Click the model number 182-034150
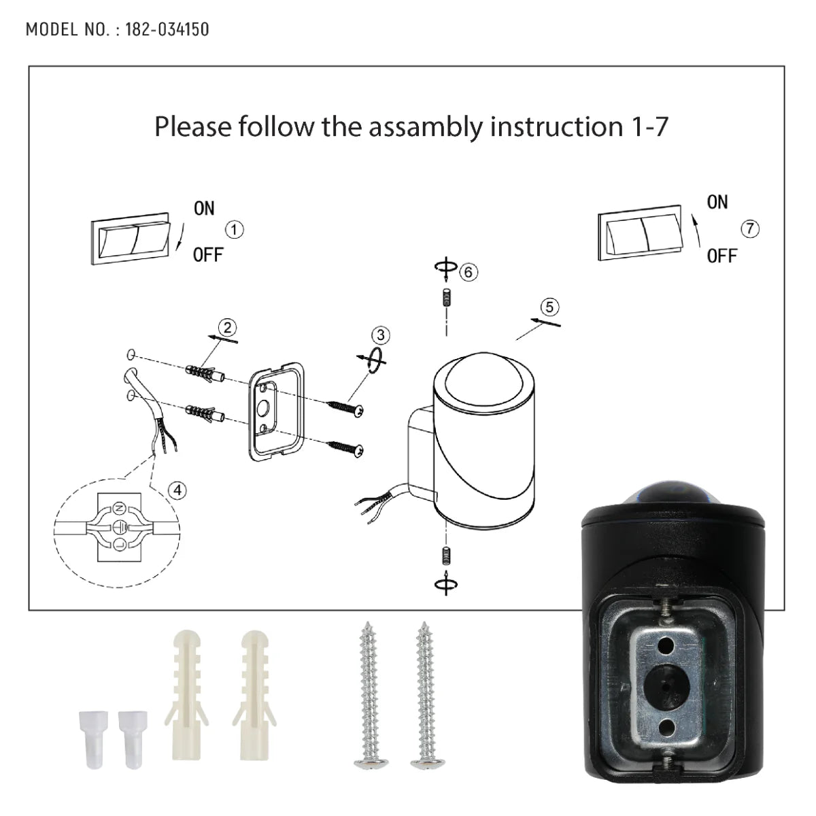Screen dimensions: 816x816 point(167,29)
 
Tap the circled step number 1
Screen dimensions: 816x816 point(234,230)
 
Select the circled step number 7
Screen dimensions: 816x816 point(749,228)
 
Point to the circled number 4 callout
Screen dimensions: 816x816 point(177,490)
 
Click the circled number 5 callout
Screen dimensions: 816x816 point(549,307)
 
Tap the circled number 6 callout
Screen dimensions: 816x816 point(468,273)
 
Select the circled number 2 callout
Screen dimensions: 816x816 point(227,327)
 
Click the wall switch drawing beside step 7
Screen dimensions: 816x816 point(639,233)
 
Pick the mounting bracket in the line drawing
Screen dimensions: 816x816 point(275,411)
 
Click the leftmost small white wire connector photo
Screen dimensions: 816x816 point(86,728)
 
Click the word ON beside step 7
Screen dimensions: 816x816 point(717,202)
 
